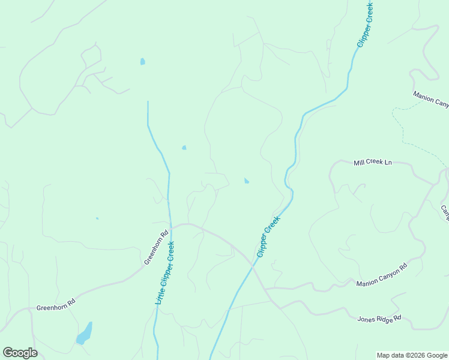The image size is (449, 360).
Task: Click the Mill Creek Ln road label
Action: point(372,163)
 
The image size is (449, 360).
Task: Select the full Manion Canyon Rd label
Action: point(381,274)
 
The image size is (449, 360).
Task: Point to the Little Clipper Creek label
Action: point(164,272)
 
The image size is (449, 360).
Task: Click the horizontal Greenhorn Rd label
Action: point(55,307)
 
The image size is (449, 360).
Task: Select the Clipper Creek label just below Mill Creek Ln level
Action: point(268,238)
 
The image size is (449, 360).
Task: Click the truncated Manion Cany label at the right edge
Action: point(430,100)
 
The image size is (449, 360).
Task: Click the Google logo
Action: point(20,353)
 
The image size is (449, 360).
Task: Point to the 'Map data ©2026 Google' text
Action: point(412,355)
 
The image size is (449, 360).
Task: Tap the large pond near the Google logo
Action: point(85,334)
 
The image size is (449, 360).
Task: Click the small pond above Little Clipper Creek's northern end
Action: point(142,61)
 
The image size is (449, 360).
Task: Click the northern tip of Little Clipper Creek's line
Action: point(148,102)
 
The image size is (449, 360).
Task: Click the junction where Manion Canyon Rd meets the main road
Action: point(266,289)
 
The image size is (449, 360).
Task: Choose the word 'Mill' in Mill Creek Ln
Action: point(360,163)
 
